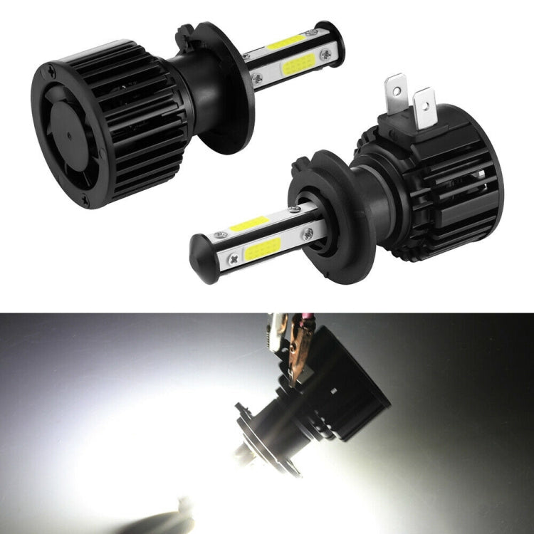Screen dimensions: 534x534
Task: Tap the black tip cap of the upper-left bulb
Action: click(335, 43)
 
